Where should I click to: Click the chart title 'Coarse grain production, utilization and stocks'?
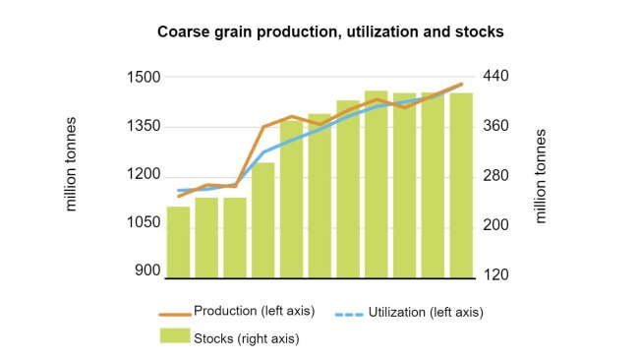pyautogui.click(x=330, y=31)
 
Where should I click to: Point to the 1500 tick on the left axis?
pyautogui.click(x=142, y=77)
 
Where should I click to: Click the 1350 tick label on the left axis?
pyautogui.click(x=142, y=126)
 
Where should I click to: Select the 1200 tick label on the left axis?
pyautogui.click(x=142, y=175)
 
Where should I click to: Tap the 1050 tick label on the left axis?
pyautogui.click(x=142, y=223)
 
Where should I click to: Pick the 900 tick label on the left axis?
pyautogui.click(x=146, y=270)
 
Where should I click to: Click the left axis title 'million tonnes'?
pyautogui.click(x=71, y=164)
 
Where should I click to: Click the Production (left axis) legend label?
pyautogui.click(x=254, y=311)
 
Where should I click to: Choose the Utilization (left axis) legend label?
pyautogui.click(x=426, y=312)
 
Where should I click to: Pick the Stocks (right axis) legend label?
pyautogui.click(x=246, y=338)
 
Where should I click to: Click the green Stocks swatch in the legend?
pyautogui.click(x=173, y=336)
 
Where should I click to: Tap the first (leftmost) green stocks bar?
pyautogui.click(x=178, y=242)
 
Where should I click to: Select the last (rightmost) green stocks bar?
pyautogui.click(x=461, y=185)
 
